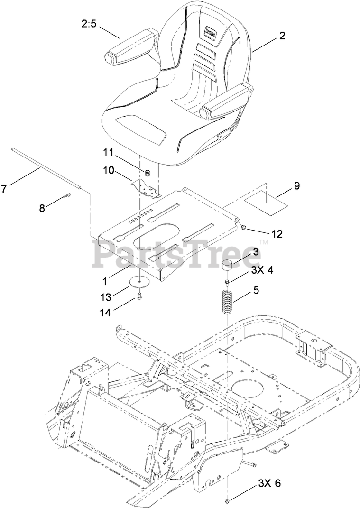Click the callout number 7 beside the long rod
(4, 189)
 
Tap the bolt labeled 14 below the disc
(139, 296)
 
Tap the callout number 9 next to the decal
(296, 186)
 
